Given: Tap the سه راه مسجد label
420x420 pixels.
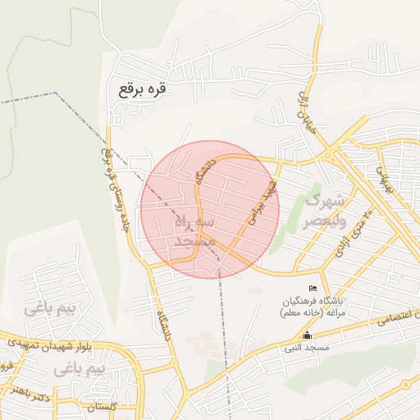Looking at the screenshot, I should (x=194, y=232).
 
